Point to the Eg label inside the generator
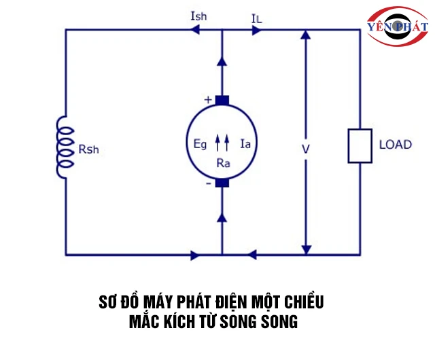click(199, 143)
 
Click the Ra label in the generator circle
click(222, 163)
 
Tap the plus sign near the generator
click(208, 100)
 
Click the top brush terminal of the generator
click(222, 101)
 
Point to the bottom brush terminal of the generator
click(222, 183)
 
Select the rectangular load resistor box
click(359, 145)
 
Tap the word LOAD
click(395, 145)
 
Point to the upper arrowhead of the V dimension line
click(306, 37)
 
